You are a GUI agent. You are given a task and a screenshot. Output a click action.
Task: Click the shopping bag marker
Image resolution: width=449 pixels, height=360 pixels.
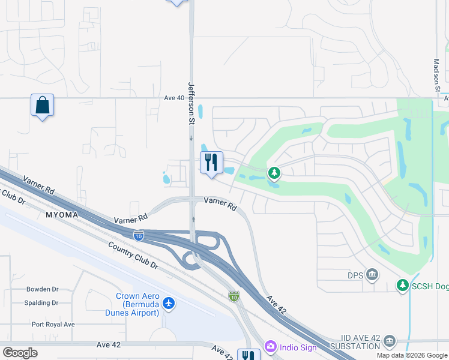[x=42, y=105]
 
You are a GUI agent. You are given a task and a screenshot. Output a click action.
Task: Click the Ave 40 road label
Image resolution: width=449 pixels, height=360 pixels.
[x=173, y=98]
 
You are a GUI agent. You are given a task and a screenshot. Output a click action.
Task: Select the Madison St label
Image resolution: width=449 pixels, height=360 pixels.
[x=437, y=75]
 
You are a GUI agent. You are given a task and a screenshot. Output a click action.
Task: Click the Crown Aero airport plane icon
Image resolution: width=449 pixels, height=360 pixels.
[x=169, y=303]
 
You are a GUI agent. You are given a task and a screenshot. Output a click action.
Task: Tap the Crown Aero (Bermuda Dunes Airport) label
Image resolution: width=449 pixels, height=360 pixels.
[x=137, y=304]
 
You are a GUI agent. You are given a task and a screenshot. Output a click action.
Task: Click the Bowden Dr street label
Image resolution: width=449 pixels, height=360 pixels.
[x=42, y=289]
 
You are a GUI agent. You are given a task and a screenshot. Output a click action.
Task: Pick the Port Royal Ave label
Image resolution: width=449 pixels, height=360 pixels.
[x=53, y=325]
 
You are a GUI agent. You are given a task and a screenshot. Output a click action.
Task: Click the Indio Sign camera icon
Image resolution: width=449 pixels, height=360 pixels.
[x=271, y=346]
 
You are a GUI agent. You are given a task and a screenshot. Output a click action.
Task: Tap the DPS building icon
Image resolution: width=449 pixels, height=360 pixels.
[x=372, y=275]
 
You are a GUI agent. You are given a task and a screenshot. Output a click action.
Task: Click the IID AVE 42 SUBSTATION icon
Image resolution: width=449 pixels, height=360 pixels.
[x=390, y=341]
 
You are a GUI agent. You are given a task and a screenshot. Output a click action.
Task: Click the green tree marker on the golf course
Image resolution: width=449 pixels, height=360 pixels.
[x=274, y=173]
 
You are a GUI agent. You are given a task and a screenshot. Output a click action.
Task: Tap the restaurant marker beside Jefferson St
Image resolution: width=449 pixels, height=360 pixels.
[x=211, y=163]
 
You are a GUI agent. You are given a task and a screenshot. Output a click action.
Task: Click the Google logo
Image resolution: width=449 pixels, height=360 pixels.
[x=20, y=353]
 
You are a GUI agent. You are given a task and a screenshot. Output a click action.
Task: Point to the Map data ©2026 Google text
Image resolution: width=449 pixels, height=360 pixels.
[x=411, y=355]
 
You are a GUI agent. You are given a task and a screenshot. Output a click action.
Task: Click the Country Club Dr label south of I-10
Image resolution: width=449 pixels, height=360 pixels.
[x=133, y=256]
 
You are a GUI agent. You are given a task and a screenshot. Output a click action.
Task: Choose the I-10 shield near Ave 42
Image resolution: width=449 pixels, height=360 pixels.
[x=234, y=296]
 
